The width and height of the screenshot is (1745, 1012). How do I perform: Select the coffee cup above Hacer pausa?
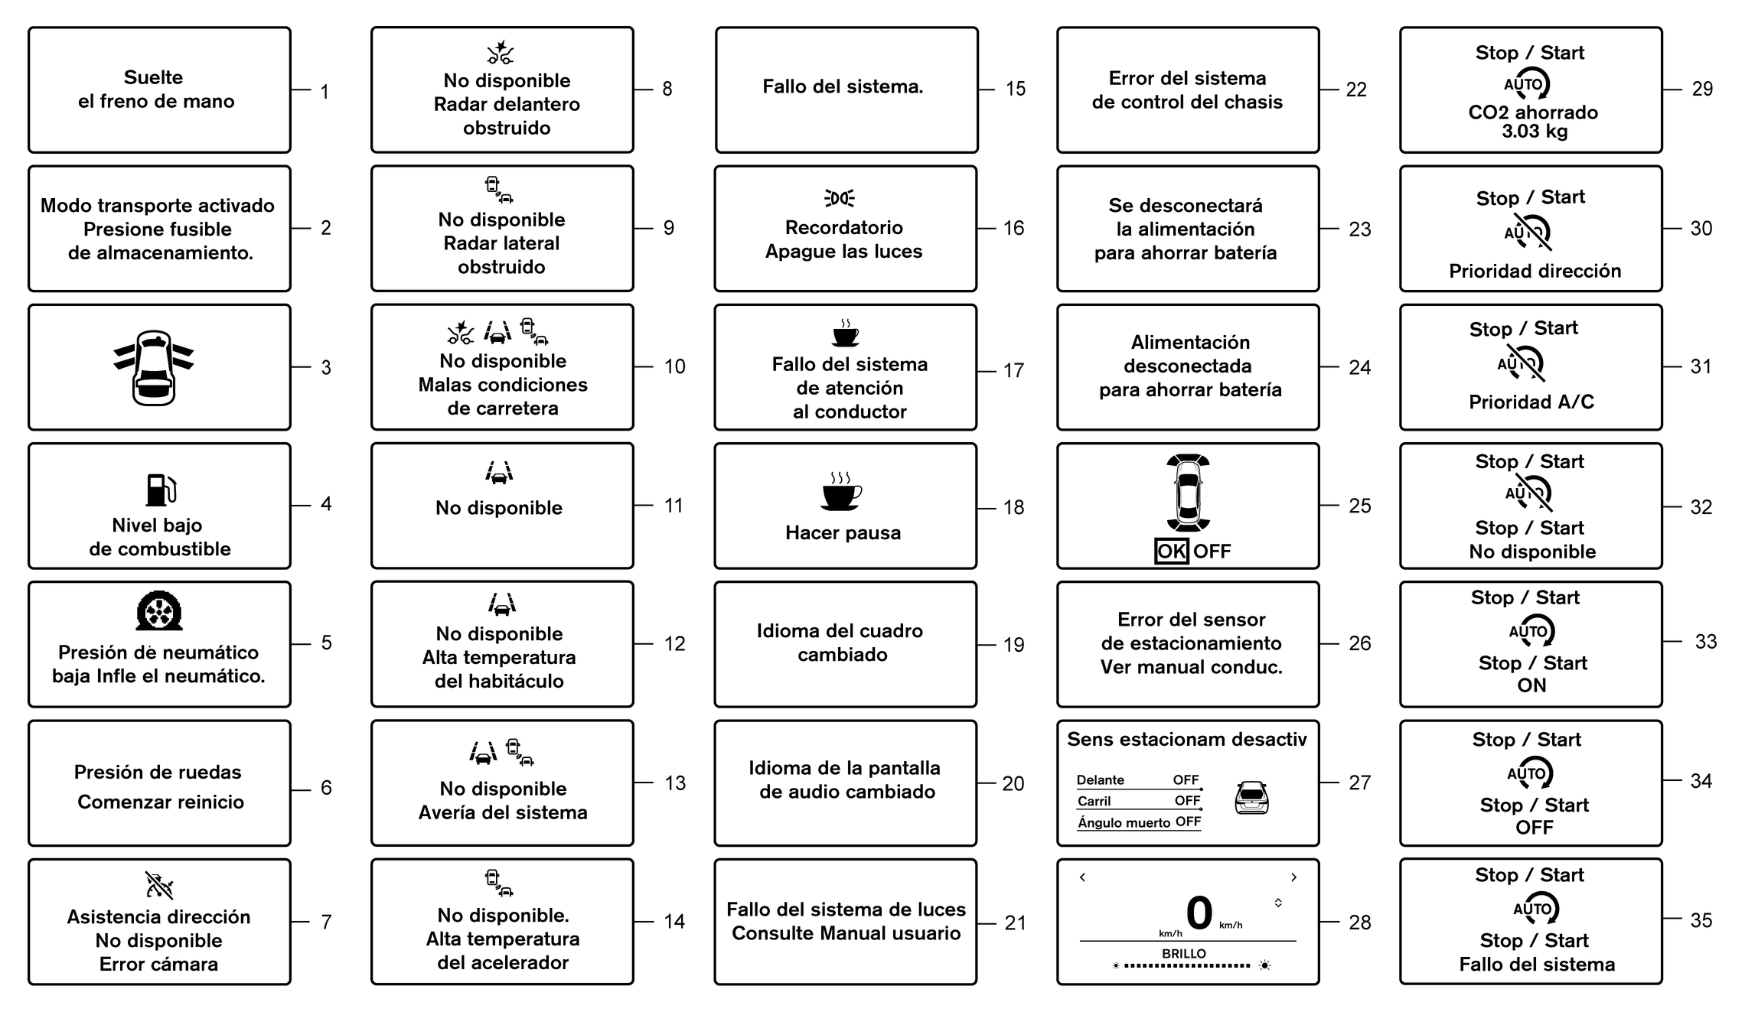[841, 491]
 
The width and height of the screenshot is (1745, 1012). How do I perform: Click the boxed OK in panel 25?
[1171, 551]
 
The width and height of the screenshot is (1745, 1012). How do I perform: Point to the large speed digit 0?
[1199, 913]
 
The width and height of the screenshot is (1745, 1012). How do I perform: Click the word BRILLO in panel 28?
[1184, 954]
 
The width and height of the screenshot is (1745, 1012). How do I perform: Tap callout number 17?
[1013, 371]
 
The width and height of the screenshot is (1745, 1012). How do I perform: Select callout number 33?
[1705, 642]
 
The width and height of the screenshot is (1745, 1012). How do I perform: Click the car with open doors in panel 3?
[154, 368]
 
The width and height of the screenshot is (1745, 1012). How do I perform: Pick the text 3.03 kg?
[1534, 132]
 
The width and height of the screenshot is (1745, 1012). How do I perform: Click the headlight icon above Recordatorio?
[840, 199]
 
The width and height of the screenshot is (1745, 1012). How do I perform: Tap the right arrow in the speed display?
[1293, 877]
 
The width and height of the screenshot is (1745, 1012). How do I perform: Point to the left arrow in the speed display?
[1082, 877]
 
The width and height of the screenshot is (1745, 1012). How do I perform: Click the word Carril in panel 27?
[1094, 801]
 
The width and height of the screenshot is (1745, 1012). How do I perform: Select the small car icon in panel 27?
[1251, 798]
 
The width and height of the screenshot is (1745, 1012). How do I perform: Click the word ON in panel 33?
[1531, 685]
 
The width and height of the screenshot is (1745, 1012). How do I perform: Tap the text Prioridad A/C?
[1531, 402]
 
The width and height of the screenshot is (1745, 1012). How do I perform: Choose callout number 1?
[325, 93]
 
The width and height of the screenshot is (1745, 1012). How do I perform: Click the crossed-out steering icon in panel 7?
[159, 886]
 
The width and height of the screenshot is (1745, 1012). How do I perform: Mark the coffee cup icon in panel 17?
[845, 334]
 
